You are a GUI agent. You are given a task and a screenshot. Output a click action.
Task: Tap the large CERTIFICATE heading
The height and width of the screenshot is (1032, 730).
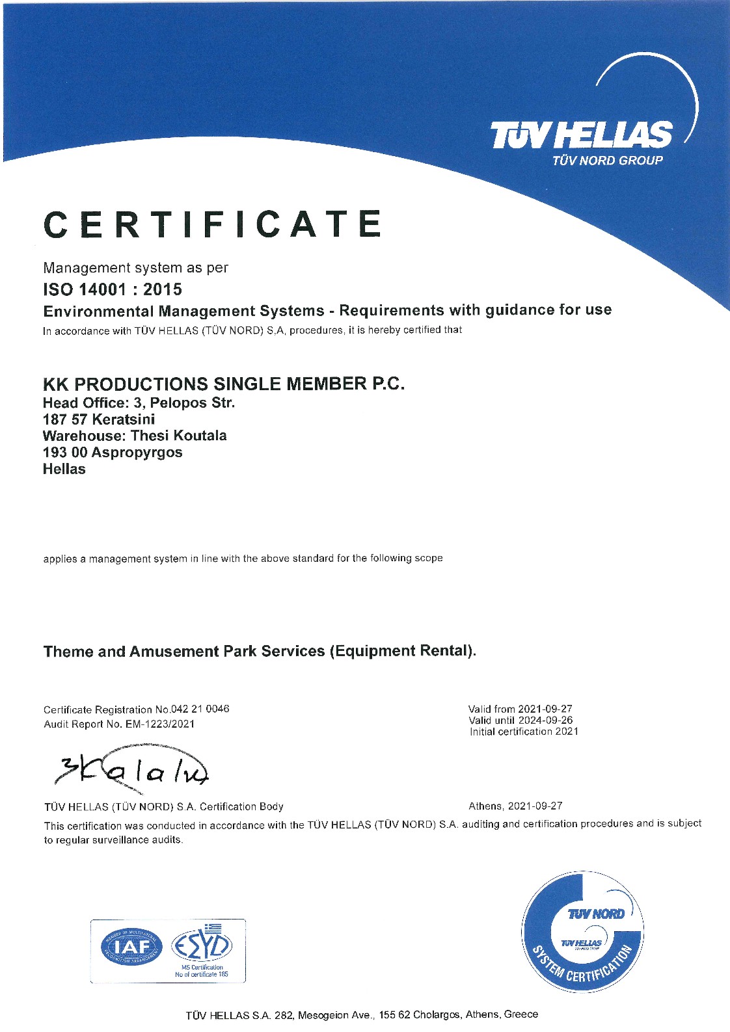tap(212, 224)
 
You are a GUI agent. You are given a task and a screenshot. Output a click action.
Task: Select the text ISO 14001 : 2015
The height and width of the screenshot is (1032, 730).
tap(113, 289)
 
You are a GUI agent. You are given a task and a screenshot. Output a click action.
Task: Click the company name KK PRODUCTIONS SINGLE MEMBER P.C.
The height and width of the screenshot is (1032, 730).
tap(224, 384)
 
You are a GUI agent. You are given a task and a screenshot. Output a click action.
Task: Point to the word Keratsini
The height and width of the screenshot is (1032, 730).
tap(124, 419)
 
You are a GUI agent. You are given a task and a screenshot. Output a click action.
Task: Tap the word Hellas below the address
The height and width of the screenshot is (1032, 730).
tap(64, 469)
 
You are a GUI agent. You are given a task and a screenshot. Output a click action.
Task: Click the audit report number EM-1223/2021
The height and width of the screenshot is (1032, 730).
tap(159, 724)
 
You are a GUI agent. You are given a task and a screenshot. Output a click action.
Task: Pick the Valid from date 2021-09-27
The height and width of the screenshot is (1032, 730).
tap(545, 709)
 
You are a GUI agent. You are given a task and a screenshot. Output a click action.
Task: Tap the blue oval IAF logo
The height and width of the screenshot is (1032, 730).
tap(131, 947)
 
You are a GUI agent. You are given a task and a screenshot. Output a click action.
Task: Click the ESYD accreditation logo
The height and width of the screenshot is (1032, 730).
tap(202, 947)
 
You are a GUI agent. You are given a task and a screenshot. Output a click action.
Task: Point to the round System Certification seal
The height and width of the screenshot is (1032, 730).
tap(582, 933)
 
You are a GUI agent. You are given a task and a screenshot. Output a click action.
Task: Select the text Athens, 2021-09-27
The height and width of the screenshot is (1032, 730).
tap(515, 806)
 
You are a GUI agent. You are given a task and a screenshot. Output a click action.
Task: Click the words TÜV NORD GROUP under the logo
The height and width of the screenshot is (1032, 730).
tap(607, 161)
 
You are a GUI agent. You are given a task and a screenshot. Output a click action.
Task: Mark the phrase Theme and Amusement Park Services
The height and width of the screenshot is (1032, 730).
tap(184, 651)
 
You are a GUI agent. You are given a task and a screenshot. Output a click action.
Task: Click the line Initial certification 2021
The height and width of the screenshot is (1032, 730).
tap(524, 732)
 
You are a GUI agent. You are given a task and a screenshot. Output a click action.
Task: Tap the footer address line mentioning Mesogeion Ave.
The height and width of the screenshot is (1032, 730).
tap(362, 1014)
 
